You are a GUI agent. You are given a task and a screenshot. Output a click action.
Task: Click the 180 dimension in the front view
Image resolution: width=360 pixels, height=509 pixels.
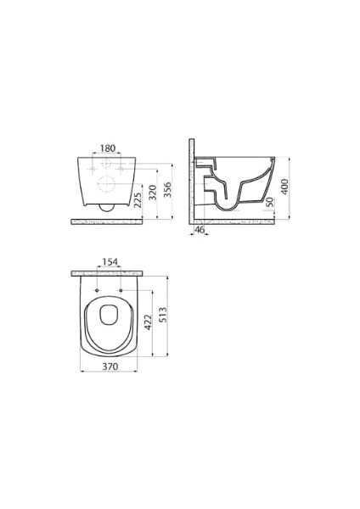107,148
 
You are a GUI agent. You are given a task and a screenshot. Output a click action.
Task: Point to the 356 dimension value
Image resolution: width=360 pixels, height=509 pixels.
167,187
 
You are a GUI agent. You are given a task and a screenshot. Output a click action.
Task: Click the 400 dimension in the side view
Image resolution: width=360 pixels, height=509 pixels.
285,186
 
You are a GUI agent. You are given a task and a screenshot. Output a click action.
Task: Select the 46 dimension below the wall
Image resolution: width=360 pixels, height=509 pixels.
200,230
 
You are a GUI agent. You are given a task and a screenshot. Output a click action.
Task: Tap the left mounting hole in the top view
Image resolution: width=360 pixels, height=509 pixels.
97,293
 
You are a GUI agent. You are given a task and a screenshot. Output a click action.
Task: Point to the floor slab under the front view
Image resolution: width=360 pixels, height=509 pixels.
107,221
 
